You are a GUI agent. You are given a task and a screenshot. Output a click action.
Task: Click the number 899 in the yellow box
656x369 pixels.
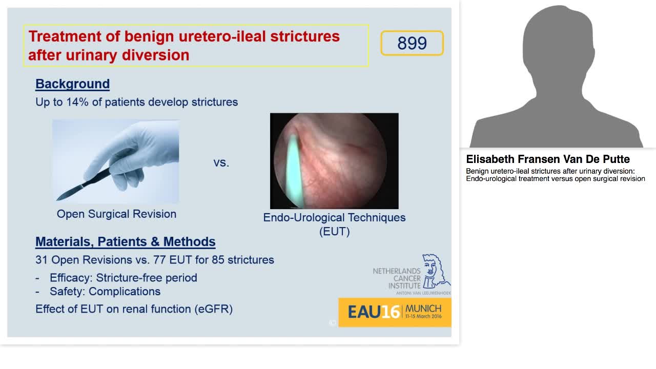412,44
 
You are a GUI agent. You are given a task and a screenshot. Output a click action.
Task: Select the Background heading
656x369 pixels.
72,84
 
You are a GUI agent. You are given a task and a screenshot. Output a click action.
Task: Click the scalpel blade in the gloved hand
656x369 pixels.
66,194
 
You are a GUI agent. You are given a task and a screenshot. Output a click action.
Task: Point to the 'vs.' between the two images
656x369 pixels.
221,163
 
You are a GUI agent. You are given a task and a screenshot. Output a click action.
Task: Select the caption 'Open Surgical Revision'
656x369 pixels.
116,214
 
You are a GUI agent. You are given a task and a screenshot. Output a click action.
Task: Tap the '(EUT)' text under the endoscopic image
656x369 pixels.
334,231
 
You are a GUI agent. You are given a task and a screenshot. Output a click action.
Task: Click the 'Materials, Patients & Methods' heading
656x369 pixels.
125,242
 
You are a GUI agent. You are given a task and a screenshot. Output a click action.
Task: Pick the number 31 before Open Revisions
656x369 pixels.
42,260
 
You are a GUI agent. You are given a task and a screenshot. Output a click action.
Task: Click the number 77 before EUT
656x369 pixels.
159,260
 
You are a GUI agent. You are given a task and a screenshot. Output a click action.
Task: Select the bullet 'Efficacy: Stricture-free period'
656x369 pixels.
123,278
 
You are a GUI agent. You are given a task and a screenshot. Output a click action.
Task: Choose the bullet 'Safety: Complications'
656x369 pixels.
105,292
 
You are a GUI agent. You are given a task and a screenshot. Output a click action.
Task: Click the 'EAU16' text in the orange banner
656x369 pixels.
374,312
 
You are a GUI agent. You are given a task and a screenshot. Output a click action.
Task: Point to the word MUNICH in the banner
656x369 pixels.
423,309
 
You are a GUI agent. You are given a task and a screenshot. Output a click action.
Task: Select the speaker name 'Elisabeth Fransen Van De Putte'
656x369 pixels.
548,159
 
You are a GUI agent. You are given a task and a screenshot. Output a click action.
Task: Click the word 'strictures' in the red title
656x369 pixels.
305,37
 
